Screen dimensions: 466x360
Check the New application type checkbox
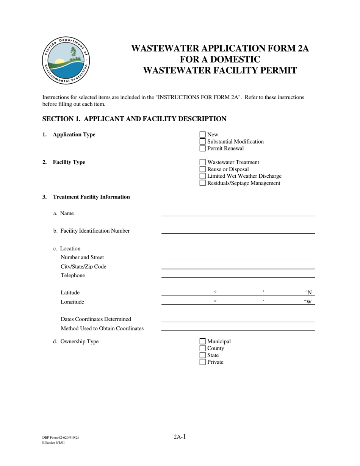202,134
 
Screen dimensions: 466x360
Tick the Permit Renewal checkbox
202,149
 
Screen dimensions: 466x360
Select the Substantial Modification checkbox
202,142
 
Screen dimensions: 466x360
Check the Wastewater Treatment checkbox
202,162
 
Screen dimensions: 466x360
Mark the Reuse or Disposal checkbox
202,169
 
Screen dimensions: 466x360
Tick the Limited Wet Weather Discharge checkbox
202,176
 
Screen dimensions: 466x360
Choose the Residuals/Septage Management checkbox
202,183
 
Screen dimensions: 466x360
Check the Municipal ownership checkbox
202,341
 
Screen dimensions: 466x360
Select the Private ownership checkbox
202,362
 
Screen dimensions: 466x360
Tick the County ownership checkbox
202,348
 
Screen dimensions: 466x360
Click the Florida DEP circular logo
66,61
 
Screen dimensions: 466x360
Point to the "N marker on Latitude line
308,292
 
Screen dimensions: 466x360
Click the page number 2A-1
180,437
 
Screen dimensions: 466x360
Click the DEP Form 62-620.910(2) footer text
61,438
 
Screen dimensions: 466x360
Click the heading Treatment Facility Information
91,197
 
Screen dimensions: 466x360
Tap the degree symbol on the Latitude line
215,292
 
